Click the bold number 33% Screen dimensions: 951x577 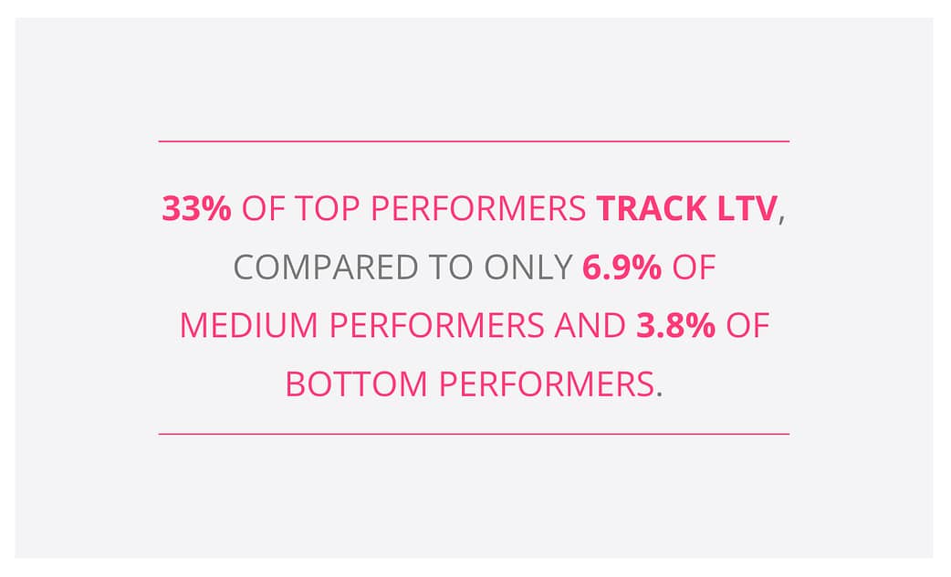196,209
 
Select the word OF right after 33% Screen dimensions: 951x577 263,209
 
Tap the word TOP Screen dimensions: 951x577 328,209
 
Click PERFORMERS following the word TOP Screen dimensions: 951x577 478,209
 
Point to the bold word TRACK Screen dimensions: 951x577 652,209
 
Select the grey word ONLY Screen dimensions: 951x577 528,268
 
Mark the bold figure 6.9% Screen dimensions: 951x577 622,268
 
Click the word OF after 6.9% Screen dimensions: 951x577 694,268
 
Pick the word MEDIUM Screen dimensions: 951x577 249,326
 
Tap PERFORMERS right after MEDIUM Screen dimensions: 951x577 436,326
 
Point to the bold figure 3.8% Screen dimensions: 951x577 675,326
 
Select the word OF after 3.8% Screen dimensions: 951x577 747,326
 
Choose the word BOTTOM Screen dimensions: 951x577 357,384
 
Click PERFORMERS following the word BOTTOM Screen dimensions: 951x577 547,384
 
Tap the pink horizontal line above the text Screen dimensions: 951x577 474,142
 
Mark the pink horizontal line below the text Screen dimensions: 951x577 474,434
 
